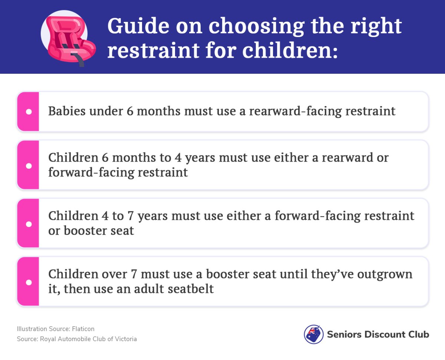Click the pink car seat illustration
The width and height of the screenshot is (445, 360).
pyautogui.click(x=70, y=41)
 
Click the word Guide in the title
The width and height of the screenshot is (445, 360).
pyautogui.click(x=138, y=26)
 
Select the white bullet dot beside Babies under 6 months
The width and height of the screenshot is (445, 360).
pyautogui.click(x=29, y=112)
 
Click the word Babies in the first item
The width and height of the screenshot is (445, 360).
pyautogui.click(x=67, y=111)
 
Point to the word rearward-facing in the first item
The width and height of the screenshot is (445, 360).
pyautogui.click(x=296, y=111)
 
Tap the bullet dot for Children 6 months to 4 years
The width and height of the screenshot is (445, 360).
pyautogui.click(x=29, y=166)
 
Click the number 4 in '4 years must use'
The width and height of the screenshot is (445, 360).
pyautogui.click(x=178, y=158)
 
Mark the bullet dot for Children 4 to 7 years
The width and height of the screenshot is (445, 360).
pyautogui.click(x=29, y=224)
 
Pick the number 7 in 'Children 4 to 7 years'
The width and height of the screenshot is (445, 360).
pyautogui.click(x=131, y=216)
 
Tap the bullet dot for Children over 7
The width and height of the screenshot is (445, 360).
pyautogui.click(x=29, y=282)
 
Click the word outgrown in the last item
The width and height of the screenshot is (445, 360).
pyautogui.click(x=385, y=275)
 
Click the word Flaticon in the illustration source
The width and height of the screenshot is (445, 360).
pyautogui.click(x=83, y=329)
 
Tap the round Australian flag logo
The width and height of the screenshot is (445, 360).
pyautogui.click(x=314, y=334)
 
